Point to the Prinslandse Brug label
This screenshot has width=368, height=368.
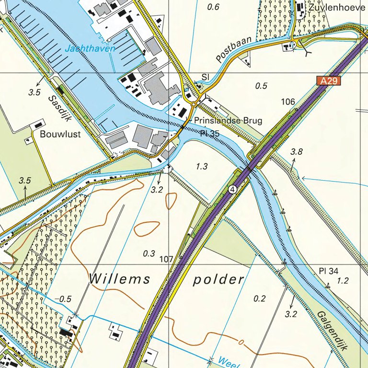coord(228,121)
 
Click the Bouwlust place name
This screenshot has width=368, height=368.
coord(60,134)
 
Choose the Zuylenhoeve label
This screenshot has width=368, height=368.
coord(334,8)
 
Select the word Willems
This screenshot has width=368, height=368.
coord(119,279)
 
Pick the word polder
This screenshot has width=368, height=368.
coord(218,280)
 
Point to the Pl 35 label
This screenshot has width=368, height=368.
coord(209,133)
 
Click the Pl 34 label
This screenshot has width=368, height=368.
coord(328,271)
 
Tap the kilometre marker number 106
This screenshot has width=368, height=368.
coord(288,102)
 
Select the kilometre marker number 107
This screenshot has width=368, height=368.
coord(166,259)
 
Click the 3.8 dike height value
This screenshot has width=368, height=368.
coord(297,152)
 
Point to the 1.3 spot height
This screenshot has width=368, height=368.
coord(202,166)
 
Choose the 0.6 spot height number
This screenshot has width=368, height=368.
coord(213,7)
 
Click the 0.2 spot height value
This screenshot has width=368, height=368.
coord(260,299)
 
